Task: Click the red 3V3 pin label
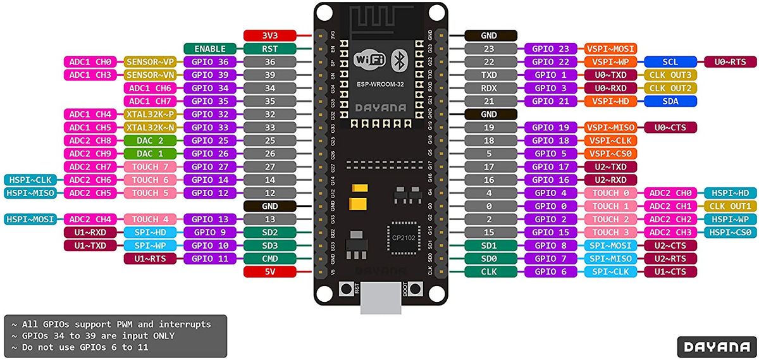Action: [270, 35]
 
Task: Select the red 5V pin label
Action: [270, 271]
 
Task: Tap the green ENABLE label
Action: [210, 49]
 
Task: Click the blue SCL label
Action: [670, 62]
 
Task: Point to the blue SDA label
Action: [670, 101]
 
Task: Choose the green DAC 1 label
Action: [150, 154]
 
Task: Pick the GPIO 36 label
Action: [210, 62]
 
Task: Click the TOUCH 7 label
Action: [150, 167]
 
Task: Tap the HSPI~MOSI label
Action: [30, 219]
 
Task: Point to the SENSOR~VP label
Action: [150, 62]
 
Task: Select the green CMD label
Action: [270, 258]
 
